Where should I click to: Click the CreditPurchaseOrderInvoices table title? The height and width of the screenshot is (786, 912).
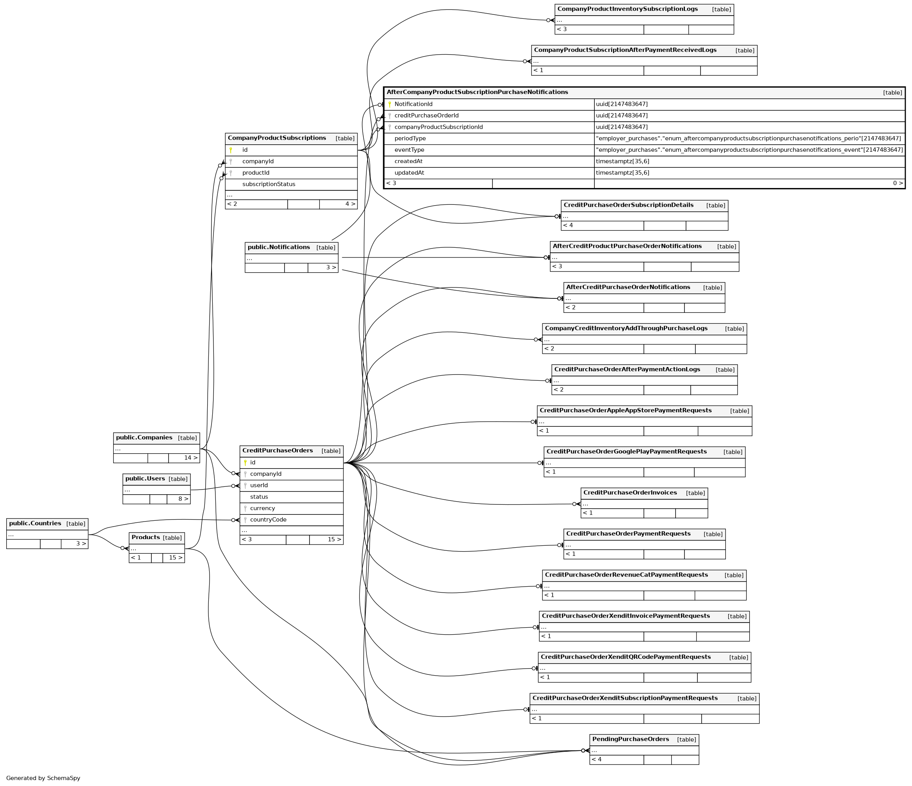coord(630,493)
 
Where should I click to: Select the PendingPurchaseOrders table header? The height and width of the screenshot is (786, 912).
coord(630,739)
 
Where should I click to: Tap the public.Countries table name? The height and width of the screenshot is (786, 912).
coord(35,523)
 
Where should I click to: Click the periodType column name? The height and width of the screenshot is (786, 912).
coord(410,138)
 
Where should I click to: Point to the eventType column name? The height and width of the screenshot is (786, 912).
coord(409,150)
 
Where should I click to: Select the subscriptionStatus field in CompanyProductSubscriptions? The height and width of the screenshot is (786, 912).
coord(268,184)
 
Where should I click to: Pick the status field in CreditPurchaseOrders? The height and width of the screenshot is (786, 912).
coord(259,497)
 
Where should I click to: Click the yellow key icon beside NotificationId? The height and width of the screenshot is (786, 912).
coord(389,105)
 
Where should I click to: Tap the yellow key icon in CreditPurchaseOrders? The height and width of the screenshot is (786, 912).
coord(245,463)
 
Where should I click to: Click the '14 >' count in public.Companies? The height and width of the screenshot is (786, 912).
coord(190,458)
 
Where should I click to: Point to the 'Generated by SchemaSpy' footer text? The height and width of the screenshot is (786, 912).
coord(43,778)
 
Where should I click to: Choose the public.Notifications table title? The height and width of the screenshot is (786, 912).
coord(279,247)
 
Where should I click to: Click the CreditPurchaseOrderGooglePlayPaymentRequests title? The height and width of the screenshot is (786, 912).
coord(626,452)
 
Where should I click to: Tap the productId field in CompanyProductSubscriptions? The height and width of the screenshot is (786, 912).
coord(256,173)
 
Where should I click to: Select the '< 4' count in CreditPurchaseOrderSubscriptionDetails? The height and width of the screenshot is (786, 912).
coord(568,225)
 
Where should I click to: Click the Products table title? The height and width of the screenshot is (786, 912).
coord(145,538)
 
